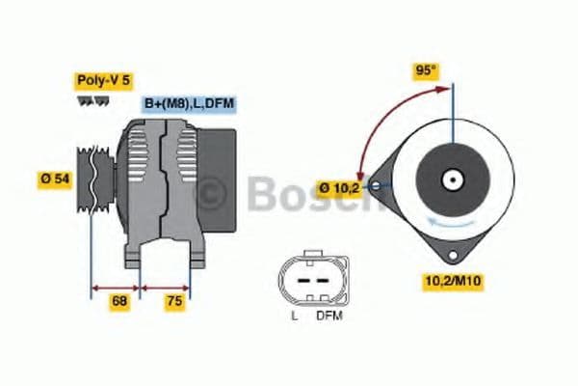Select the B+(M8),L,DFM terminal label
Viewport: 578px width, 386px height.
[190, 103]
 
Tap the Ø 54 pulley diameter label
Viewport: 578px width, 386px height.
[55, 179]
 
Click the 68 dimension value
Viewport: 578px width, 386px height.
[119, 301]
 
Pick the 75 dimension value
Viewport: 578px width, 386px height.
[173, 301]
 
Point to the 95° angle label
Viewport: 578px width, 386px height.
[426, 69]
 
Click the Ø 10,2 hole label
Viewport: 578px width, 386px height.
[340, 187]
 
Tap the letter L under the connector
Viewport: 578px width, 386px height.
[294, 316]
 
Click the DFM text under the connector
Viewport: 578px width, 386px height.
[328, 316]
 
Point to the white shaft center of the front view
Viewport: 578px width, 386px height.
[450, 179]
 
